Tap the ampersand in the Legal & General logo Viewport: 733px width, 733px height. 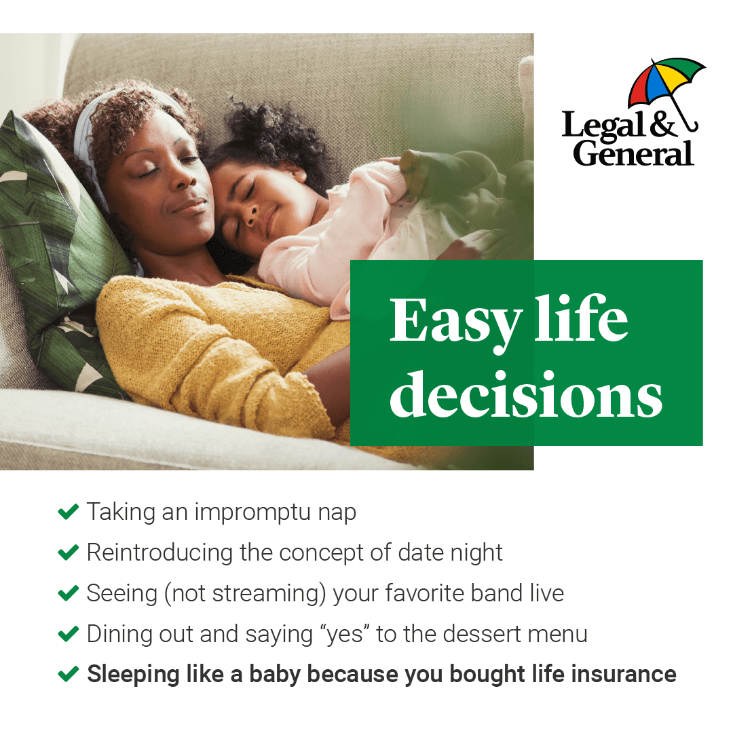coord(663,125)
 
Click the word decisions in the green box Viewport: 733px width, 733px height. coord(526,394)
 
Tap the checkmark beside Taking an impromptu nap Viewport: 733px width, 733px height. coord(69,512)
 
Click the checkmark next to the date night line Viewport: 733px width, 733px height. coord(69,552)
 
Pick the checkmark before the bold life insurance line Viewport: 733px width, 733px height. coord(69,674)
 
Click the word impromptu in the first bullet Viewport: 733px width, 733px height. coord(252,512)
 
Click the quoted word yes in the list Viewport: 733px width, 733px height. coord(345,635)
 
